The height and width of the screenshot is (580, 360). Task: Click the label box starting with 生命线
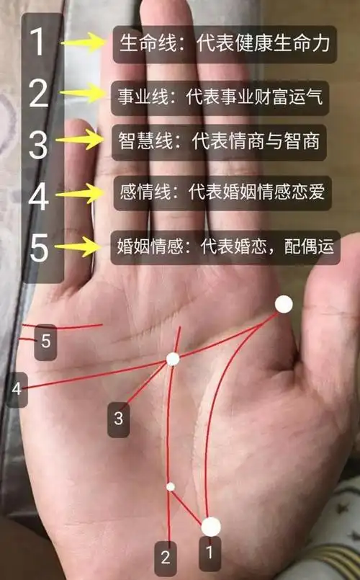coord(225,44)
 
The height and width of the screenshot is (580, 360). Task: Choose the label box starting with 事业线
coord(220,96)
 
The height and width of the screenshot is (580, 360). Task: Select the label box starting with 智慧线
coord(220,143)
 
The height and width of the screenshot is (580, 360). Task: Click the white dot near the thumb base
coord(284,304)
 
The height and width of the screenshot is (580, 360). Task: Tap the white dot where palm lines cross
coord(173,359)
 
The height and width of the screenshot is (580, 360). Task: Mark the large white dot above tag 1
coord(211,527)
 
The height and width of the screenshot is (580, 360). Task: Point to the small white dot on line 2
coord(171,486)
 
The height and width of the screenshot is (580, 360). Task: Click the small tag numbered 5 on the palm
coord(46,341)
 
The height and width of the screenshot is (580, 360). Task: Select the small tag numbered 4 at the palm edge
coord(17,389)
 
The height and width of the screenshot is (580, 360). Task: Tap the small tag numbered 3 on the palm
coord(119,418)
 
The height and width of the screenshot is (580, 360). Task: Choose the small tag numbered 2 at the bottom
coord(166,556)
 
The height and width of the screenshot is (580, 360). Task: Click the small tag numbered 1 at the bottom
coord(210,553)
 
